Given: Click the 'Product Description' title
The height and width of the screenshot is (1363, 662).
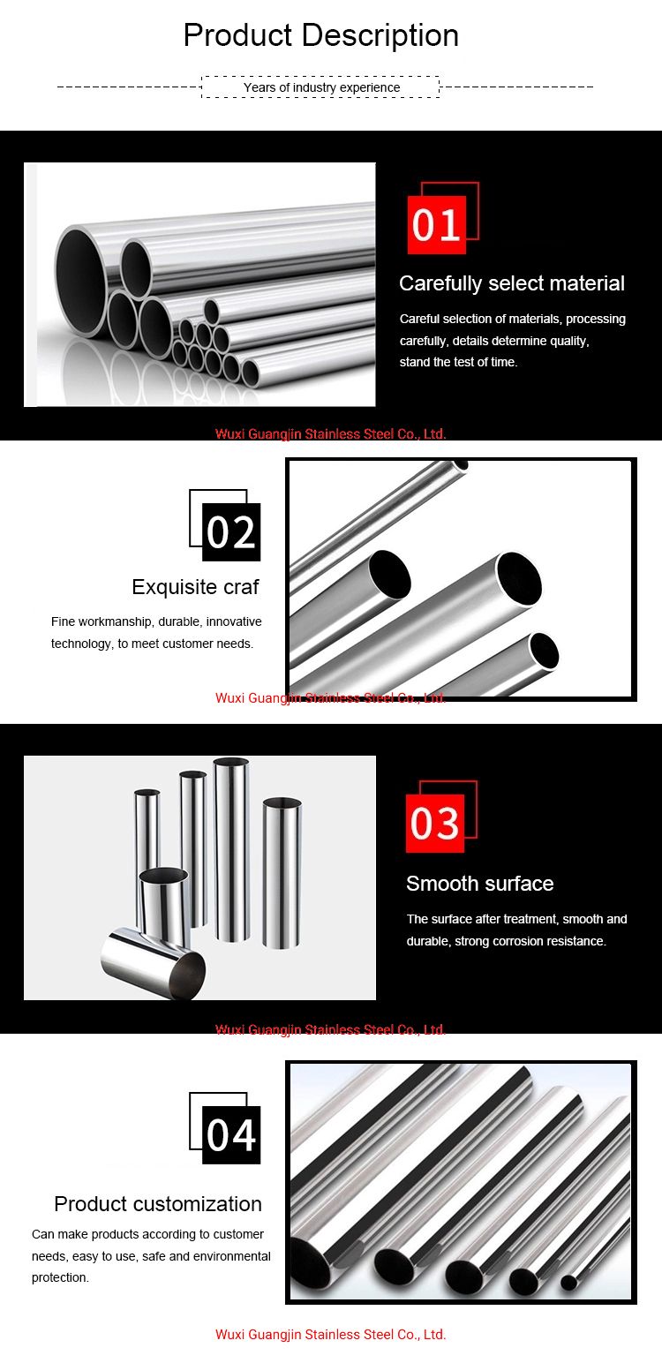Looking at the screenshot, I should tap(320, 35).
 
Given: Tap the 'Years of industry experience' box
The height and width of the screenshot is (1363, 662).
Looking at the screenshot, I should tap(320, 87).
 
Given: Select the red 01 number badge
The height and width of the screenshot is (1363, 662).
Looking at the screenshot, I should tap(436, 225).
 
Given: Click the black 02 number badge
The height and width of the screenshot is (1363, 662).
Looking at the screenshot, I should tap(231, 532).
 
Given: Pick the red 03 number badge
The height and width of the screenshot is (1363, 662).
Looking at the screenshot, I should tap(435, 824).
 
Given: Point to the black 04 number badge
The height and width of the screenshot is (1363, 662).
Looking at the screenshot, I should tap(231, 1135).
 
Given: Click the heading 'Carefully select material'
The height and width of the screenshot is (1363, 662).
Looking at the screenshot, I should tap(511, 283).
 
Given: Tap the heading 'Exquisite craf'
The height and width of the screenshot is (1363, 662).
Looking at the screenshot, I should tap(195, 587).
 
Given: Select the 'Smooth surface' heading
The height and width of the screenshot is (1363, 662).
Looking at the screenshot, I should tap(479, 884).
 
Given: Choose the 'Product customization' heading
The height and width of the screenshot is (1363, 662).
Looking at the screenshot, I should tap(158, 1204).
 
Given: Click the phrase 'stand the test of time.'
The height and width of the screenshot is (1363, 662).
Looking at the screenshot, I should tap(458, 362).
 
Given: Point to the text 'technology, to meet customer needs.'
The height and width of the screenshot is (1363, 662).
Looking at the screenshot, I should tap(152, 644).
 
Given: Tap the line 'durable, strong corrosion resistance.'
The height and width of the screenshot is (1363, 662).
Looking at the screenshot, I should tap(506, 941).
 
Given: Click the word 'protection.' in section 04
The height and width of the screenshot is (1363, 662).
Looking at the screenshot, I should tap(60, 1277).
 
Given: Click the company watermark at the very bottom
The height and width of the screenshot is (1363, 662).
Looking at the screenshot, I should tap(330, 1335).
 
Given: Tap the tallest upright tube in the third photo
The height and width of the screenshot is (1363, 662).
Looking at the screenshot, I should tap(231, 847).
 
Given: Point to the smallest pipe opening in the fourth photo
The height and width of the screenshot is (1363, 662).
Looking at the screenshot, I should tap(568, 1283).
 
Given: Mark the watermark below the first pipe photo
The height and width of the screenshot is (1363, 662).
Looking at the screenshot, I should tap(330, 434).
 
